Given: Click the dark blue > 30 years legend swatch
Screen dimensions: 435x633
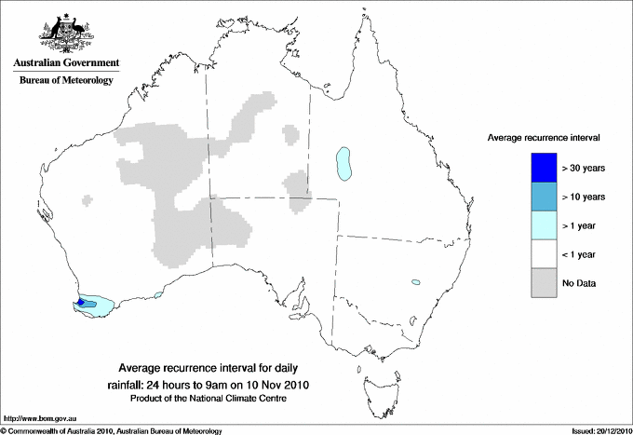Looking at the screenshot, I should point(538,167).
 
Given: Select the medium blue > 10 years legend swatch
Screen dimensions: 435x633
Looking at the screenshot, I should point(538,196).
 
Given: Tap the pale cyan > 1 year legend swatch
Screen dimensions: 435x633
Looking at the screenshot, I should point(538,224).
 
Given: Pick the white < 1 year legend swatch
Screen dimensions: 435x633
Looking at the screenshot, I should point(538,253).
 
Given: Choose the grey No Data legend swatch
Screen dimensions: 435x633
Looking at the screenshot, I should point(538,282).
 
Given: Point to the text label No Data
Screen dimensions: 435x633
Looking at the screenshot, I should point(579,282).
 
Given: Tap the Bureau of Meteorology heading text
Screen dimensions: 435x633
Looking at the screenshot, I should point(65,80).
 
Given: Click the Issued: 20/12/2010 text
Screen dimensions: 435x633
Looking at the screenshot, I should point(595,430).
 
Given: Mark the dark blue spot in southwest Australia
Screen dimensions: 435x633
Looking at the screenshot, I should point(80,302).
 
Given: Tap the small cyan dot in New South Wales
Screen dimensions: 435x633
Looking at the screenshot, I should point(415,281).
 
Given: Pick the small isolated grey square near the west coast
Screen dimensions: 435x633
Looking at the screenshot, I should point(88,197).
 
